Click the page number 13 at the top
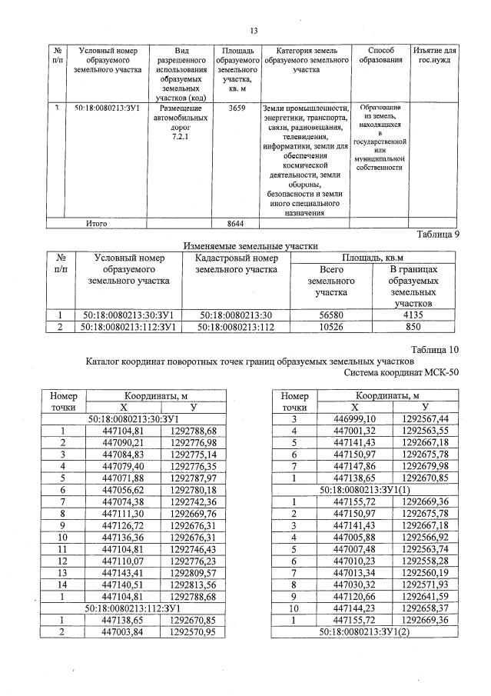tap(253, 31)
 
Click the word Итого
tap(96, 224)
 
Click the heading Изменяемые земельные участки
tap(250, 246)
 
